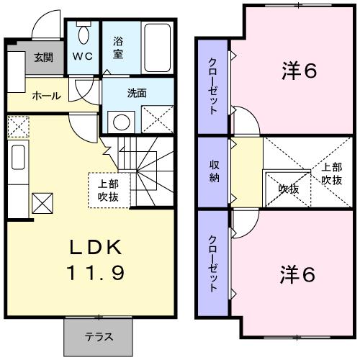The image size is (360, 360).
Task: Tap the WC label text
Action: pyautogui.click(x=82, y=55)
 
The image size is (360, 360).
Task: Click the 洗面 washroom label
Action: pyautogui.click(x=138, y=93)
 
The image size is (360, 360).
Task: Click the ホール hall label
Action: pyautogui.click(x=46, y=96)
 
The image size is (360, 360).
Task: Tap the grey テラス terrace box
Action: pyautogui.click(x=99, y=336)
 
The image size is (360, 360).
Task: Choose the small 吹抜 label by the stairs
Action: pyautogui.click(x=288, y=189)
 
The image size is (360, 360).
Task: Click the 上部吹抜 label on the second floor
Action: pyautogui.click(x=331, y=174)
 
